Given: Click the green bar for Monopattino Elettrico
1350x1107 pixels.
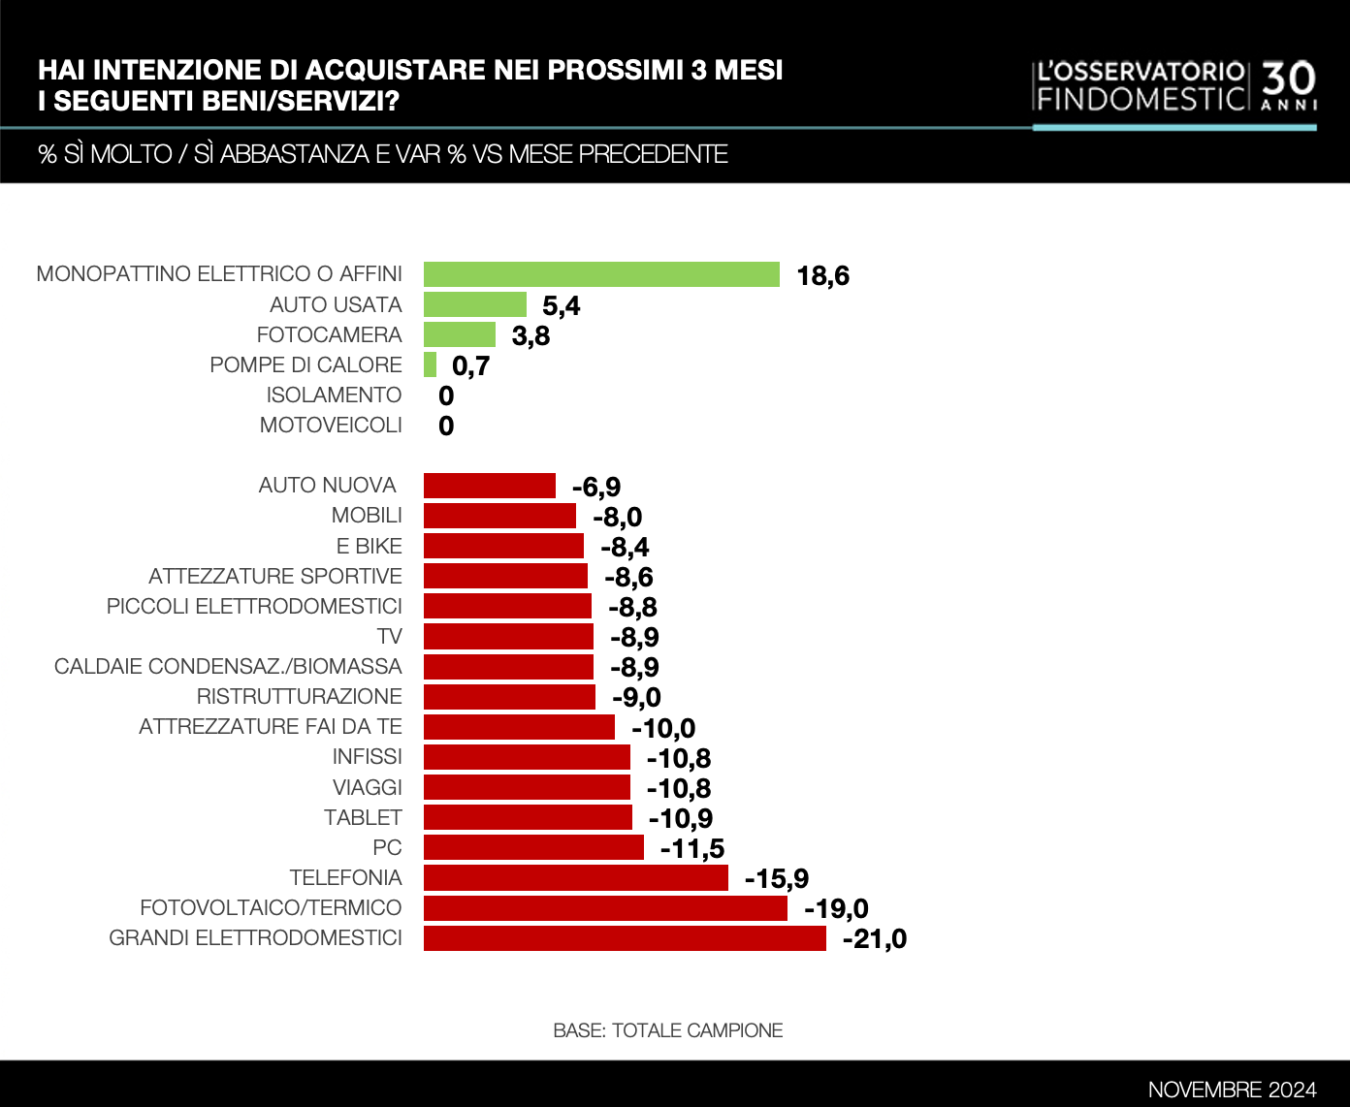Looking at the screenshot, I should pyautogui.click(x=601, y=274).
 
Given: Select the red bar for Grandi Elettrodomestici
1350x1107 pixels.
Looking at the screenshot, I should pyautogui.click(x=625, y=938).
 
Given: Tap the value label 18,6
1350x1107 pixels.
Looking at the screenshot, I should pyautogui.click(x=822, y=276).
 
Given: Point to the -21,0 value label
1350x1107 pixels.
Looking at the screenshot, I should pyautogui.click(x=875, y=939).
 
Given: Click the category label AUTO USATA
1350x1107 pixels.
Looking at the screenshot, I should pyautogui.click(x=336, y=305).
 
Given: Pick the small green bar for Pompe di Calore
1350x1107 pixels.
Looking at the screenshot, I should pyautogui.click(x=430, y=365).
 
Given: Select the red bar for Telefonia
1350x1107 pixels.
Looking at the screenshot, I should pyautogui.click(x=576, y=878).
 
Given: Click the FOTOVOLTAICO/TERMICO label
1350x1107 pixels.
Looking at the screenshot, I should pyautogui.click(x=271, y=908).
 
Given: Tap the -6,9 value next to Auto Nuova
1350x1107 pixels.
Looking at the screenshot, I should pyautogui.click(x=596, y=487).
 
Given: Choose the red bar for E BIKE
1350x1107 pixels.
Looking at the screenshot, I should pyautogui.click(x=503, y=547).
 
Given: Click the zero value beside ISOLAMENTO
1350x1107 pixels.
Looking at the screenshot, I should pyautogui.click(x=446, y=395).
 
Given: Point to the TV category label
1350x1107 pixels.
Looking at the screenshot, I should pyautogui.click(x=389, y=637).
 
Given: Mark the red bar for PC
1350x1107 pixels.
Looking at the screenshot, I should pyautogui.click(x=533, y=848).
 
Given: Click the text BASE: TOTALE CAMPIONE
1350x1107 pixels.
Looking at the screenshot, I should pyautogui.click(x=667, y=1030).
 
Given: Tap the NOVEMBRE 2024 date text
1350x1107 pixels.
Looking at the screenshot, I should pyautogui.click(x=1232, y=1090).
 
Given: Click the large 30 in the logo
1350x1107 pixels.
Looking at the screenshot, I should pyautogui.click(x=1289, y=79).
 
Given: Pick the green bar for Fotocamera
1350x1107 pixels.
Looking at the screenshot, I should pyautogui.click(x=460, y=335).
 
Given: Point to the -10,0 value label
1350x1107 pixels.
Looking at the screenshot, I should pyautogui.click(x=663, y=728).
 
